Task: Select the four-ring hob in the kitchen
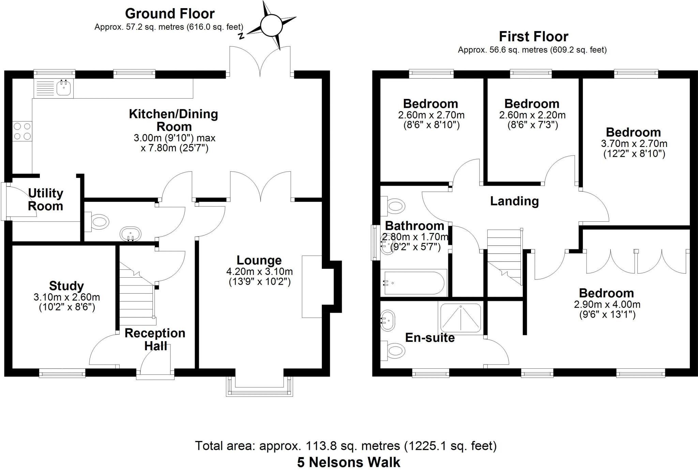click(22, 131)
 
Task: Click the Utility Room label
click(45, 200)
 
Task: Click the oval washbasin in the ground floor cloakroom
click(131, 234)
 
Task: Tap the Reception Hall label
click(155, 339)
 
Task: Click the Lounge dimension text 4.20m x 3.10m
click(259, 272)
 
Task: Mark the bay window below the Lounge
click(259, 386)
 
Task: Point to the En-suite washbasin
click(388, 321)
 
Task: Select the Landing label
click(514, 201)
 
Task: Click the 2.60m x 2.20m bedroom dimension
click(532, 115)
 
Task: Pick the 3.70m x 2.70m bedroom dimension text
click(634, 144)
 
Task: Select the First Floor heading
click(533, 36)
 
